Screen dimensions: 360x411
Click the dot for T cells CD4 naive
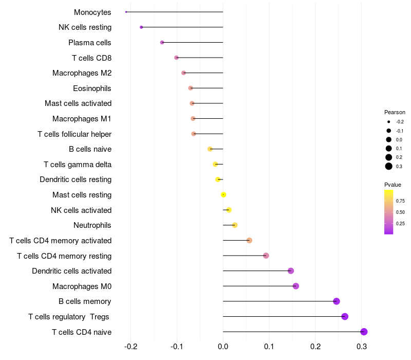[x=364, y=332]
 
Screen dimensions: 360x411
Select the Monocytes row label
[x=92, y=12]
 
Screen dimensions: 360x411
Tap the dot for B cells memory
[x=337, y=301]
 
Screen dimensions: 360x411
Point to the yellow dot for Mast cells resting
[x=223, y=195]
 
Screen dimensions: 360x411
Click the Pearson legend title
[x=395, y=112]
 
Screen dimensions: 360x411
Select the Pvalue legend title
[x=393, y=185]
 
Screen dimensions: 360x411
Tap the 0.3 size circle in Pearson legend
[x=389, y=166]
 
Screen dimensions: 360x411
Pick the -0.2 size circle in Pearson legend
[x=389, y=122]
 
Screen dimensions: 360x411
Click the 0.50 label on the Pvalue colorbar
[x=400, y=212]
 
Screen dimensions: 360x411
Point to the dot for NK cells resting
[x=141, y=27]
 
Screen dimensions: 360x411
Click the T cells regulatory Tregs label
[x=69, y=317]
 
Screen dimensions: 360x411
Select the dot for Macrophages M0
[x=295, y=286]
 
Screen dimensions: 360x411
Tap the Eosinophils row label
[x=92, y=88]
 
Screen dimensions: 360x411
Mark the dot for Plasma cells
[x=162, y=42]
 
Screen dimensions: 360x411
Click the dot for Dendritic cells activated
[x=291, y=271]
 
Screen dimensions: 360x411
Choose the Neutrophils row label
[x=92, y=225]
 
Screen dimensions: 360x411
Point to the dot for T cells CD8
[x=176, y=58]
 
